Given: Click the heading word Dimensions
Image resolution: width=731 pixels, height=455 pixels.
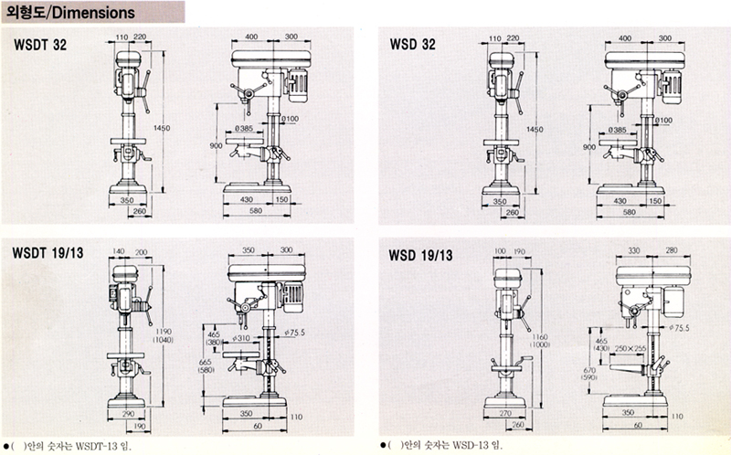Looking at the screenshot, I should coord(94,14).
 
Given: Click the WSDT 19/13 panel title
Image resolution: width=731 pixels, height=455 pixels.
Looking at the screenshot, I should coord(48,252).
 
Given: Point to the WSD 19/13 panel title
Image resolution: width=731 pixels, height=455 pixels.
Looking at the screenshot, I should coord(419,253).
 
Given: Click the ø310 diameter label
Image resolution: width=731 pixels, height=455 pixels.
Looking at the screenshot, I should coord(241,338).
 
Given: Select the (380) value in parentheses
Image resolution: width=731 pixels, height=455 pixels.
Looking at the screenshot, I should coord(213,344).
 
